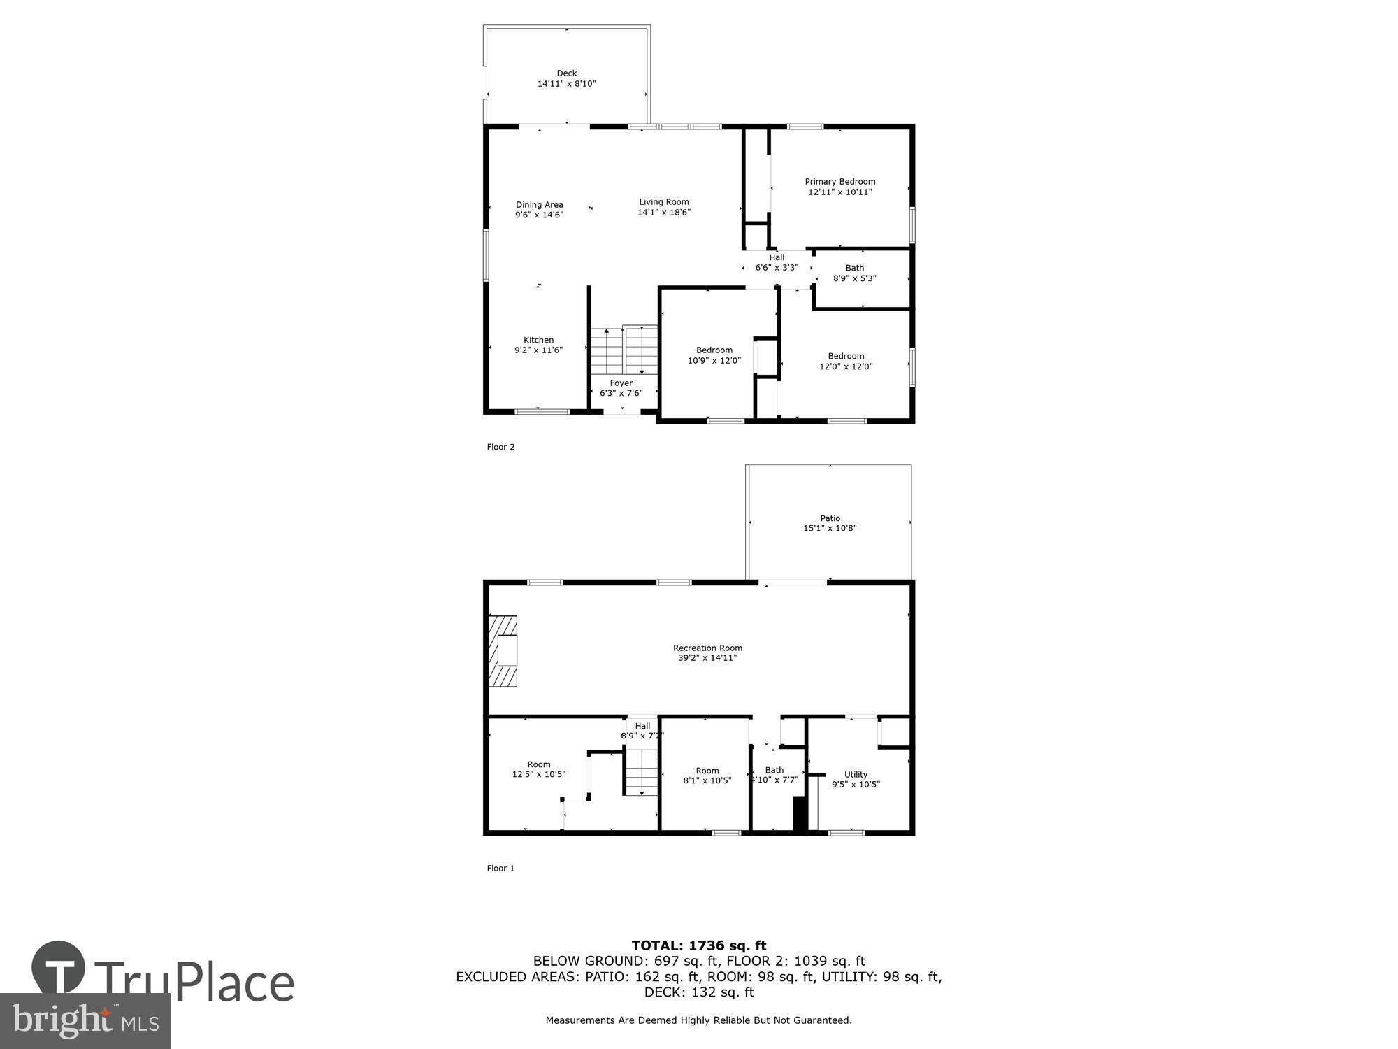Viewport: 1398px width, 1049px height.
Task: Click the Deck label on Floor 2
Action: tap(566, 73)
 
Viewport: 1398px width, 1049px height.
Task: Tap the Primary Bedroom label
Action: tap(839, 182)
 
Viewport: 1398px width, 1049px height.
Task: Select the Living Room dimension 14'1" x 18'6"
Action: tap(663, 213)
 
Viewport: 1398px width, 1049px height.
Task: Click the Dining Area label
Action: tap(539, 205)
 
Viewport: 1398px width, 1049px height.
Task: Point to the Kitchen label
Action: tap(538, 340)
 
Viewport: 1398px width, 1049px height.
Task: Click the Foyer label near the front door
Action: tap(621, 383)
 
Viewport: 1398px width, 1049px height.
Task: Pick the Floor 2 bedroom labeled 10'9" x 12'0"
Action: tap(714, 355)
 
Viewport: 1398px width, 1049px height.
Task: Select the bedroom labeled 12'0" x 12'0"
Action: tap(846, 361)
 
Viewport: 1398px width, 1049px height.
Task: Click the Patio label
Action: tap(830, 518)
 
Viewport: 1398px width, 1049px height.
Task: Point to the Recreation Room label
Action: tap(707, 648)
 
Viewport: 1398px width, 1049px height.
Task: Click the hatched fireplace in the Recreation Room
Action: tap(502, 651)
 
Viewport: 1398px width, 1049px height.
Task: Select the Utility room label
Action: tap(856, 774)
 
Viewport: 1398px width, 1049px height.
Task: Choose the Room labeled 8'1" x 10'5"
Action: tap(707, 776)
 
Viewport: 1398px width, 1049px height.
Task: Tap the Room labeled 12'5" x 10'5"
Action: tap(538, 769)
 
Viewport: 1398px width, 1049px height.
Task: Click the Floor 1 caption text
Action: tap(500, 869)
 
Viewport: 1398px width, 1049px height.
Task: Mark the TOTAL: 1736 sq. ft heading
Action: tap(698, 946)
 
